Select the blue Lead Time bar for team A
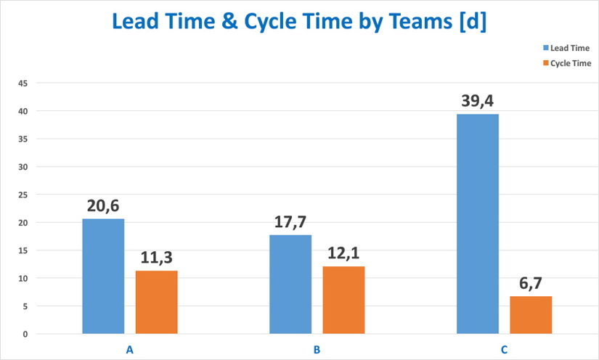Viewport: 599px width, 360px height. pos(103,276)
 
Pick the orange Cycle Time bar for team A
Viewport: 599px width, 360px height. pos(157,302)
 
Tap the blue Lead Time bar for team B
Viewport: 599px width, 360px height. pos(290,284)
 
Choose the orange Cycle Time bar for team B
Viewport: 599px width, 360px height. pos(343,300)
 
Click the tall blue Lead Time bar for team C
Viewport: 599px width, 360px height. pos(477,224)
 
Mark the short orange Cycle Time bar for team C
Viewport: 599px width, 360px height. pos(531,315)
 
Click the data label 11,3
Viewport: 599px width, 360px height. pos(157,258)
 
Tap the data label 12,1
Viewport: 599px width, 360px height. pos(343,254)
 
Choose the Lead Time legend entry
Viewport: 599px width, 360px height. pos(566,47)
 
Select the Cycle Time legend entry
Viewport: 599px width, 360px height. pos(566,63)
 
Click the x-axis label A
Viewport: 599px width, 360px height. pos(130,350)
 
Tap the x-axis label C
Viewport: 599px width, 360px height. pos(504,350)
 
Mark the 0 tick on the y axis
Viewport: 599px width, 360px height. pos(25,334)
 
